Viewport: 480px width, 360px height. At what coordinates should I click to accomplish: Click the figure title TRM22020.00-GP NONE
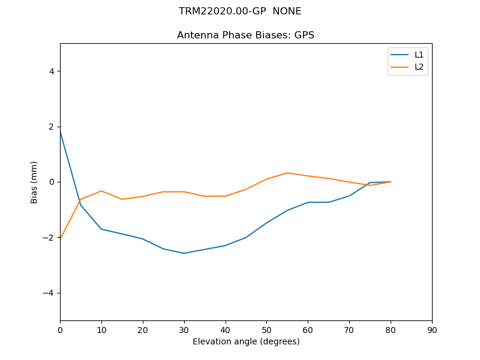(x=240, y=11)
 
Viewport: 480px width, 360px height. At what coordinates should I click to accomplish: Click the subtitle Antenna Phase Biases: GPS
(x=245, y=35)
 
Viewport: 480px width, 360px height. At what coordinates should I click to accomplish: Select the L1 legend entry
(x=419, y=55)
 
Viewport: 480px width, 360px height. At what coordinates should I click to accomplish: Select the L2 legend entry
(x=419, y=67)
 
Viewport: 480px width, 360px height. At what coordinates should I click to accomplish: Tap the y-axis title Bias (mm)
(x=34, y=182)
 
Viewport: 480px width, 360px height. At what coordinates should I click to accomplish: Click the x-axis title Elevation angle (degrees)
(x=246, y=342)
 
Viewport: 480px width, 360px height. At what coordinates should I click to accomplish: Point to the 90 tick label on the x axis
(x=432, y=330)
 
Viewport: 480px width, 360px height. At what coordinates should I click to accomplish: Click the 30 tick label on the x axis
(x=184, y=330)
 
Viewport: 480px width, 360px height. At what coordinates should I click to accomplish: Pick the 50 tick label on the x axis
(x=266, y=330)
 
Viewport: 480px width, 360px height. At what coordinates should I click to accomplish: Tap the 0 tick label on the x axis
(x=60, y=330)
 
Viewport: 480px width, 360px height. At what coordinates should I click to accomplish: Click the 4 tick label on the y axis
(x=52, y=71)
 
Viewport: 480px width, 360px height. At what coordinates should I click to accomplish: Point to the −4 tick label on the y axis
(x=49, y=293)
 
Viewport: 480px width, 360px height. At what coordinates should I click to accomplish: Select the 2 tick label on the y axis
(x=52, y=127)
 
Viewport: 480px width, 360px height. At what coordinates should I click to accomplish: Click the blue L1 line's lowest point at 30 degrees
(x=184, y=253)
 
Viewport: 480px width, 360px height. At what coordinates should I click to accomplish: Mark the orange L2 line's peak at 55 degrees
(x=287, y=173)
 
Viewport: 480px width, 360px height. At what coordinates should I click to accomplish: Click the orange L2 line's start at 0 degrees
(x=61, y=238)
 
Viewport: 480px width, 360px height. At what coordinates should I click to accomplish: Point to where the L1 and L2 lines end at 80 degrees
(x=391, y=182)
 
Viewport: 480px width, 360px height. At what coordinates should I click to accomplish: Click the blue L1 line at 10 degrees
(x=101, y=229)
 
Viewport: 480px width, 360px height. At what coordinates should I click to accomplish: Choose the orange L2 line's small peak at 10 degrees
(x=101, y=191)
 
